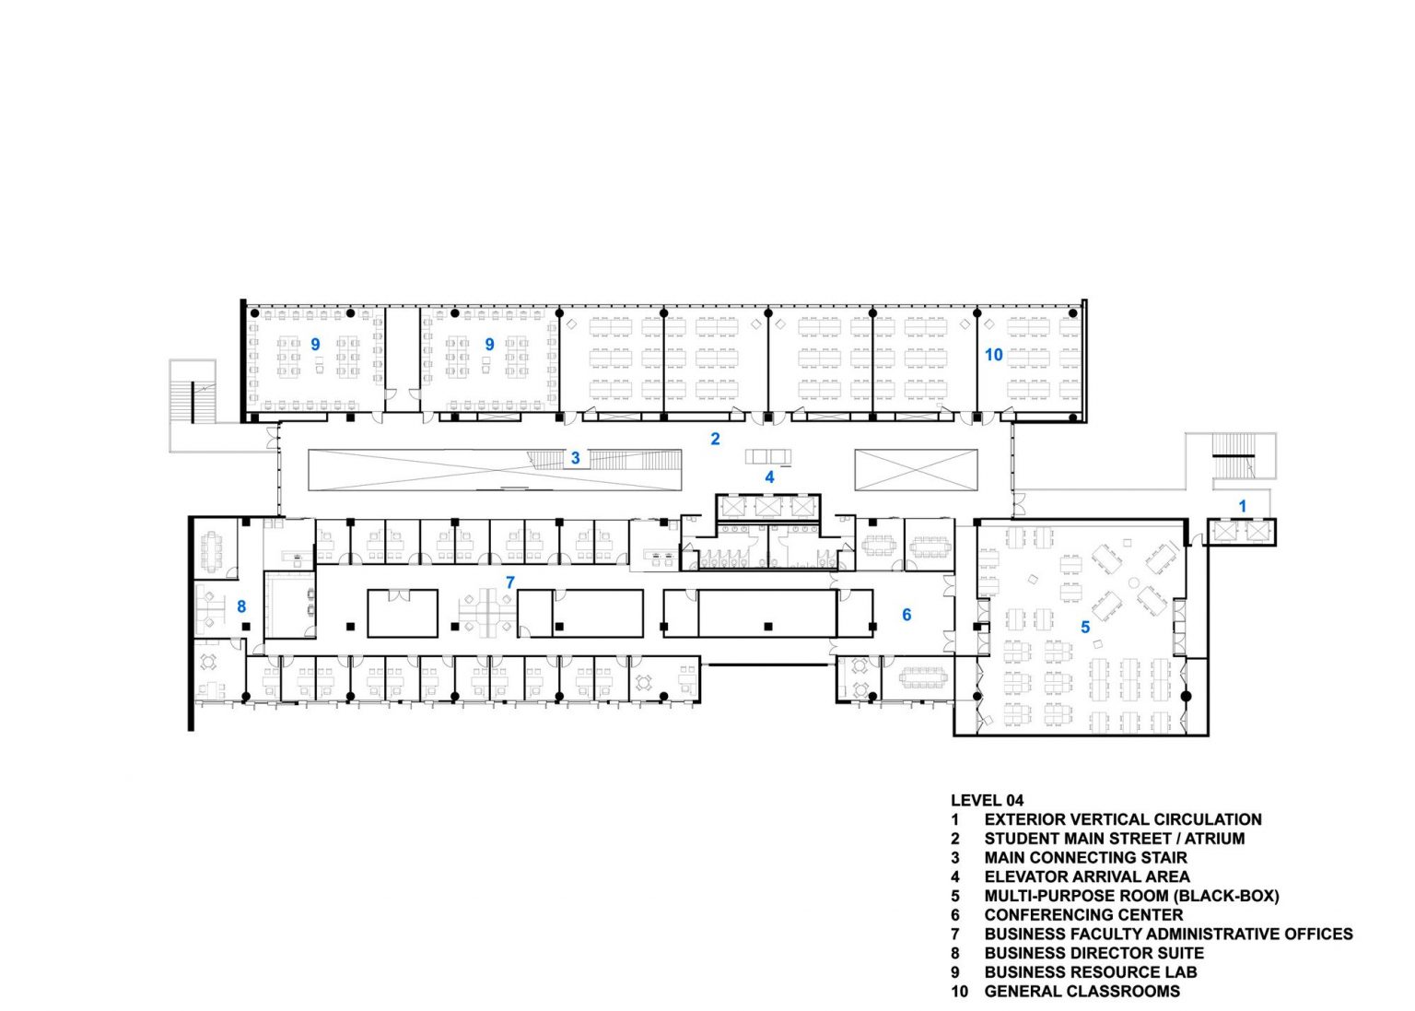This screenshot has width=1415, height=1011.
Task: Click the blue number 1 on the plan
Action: [1242, 506]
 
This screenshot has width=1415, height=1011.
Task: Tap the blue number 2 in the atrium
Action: [715, 439]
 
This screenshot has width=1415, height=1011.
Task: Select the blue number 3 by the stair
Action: [575, 457]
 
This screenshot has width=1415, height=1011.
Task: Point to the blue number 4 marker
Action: [769, 477]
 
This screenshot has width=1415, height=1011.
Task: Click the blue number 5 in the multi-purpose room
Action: [1085, 627]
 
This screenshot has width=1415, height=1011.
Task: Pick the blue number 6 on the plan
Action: [906, 615]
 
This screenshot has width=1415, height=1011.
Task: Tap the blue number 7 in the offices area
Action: [509, 582]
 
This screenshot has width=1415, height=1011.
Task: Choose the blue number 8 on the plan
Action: [241, 606]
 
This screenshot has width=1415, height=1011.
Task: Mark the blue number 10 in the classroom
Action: [993, 355]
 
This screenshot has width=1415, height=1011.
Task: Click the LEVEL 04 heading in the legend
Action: [987, 800]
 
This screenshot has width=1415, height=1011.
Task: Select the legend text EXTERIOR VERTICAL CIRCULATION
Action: [1123, 819]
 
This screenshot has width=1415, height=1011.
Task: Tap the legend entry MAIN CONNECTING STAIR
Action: [1085, 857]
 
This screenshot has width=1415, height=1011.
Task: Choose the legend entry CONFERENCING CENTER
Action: [1083, 915]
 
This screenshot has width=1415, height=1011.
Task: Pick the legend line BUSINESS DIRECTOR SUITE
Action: [1093, 953]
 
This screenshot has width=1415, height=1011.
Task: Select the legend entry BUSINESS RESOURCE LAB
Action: [1091, 972]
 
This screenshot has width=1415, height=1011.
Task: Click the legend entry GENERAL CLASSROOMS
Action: [1082, 992]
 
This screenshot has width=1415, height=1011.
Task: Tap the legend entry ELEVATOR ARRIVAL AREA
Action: [1087, 876]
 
